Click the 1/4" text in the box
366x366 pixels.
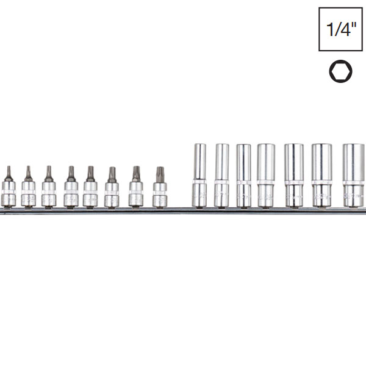click(x=340, y=30)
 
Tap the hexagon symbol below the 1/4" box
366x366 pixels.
click(x=340, y=71)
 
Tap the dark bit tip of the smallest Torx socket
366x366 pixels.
click(x=9, y=173)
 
